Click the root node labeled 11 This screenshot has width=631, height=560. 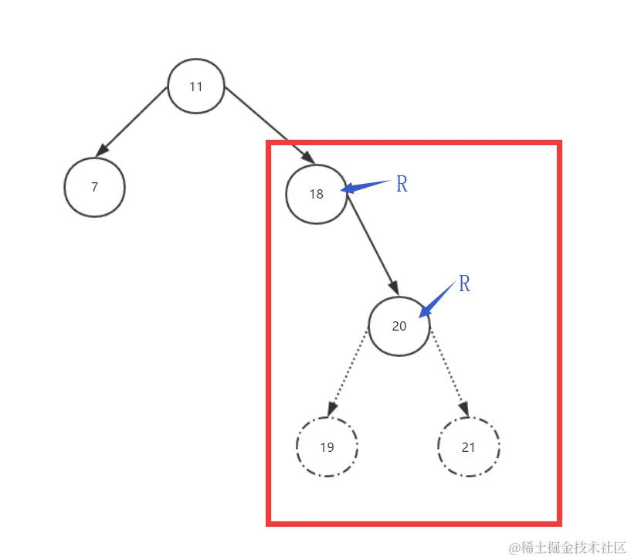coord(196,86)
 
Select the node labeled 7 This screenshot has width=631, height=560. coord(94,187)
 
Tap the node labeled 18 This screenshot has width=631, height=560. coord(316,194)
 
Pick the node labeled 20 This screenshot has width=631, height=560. coord(399,326)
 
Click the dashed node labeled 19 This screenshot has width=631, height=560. coord(327,447)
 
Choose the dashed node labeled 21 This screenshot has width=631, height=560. coord(468,447)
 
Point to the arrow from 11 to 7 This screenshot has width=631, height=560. coord(133,120)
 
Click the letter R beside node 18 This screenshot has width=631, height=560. coord(402,185)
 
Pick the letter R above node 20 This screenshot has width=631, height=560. coord(464,284)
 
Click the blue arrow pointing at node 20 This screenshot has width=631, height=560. coord(436,300)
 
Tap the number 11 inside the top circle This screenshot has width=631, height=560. coord(196,87)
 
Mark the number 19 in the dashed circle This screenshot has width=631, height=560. coord(327,447)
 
